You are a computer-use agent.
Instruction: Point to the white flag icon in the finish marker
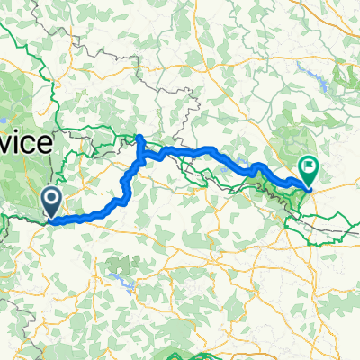309,165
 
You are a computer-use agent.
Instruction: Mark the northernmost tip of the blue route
140,137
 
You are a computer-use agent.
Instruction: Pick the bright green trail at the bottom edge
180,351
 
